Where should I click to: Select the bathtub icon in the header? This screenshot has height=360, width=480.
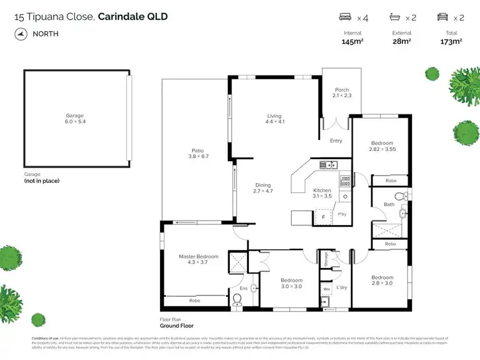pos(394,18)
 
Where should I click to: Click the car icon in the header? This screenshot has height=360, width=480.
pos(442,18)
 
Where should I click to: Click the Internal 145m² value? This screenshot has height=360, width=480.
pos(353,42)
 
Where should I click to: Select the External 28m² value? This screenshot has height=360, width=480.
pos(401,42)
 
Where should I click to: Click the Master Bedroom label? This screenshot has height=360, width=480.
pos(198,257)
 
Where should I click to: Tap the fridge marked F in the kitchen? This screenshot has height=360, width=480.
pos(324,217)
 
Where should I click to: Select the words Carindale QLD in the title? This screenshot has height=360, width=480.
pos(133,17)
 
